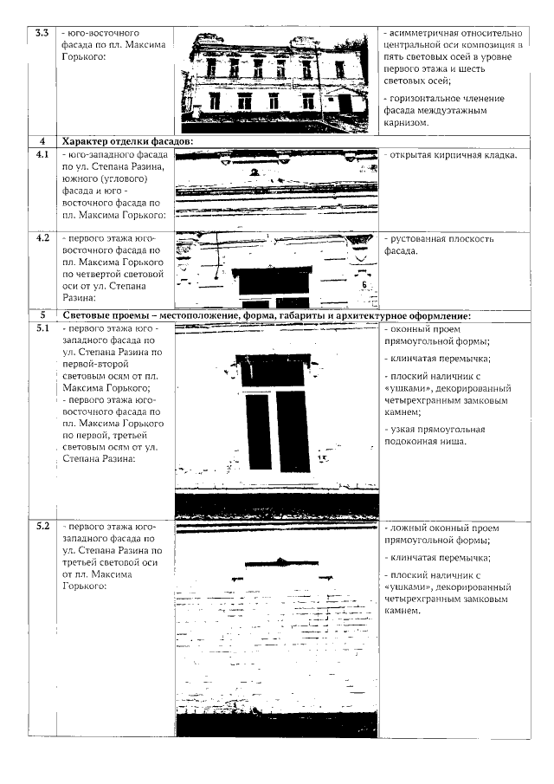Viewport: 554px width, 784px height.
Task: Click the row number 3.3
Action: [x=40, y=32]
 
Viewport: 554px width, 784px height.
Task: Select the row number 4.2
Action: [x=41, y=237]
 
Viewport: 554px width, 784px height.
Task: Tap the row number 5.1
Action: [x=41, y=330]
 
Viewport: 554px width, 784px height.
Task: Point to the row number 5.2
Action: [x=41, y=526]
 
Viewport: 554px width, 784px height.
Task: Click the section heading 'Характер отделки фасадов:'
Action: [x=126, y=141]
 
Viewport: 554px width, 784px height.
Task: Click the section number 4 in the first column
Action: [x=41, y=141]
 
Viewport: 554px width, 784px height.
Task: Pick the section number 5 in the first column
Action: [x=41, y=316]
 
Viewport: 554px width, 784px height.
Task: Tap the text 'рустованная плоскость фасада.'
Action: [x=438, y=244]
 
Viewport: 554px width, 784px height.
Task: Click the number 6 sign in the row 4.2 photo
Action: [x=364, y=282]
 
